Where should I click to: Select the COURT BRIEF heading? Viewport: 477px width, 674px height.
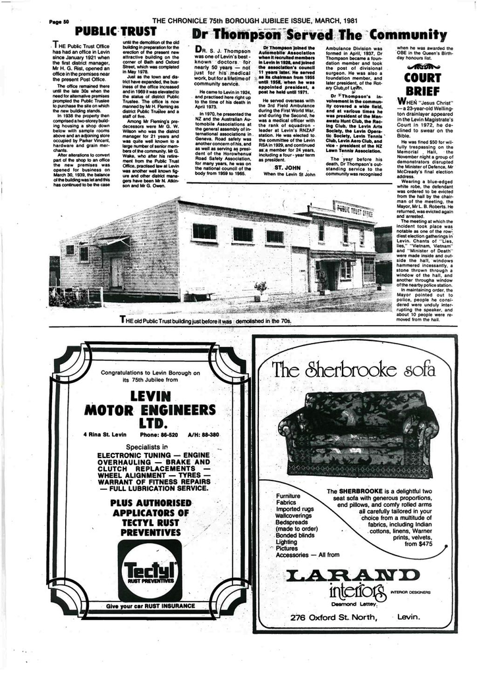(422, 84)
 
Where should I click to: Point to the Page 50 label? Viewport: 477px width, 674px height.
(59, 21)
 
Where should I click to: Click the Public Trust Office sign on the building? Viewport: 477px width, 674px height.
(354, 212)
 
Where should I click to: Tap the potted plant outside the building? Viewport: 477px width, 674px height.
(261, 288)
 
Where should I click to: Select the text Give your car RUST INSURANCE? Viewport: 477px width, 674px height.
(150, 605)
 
